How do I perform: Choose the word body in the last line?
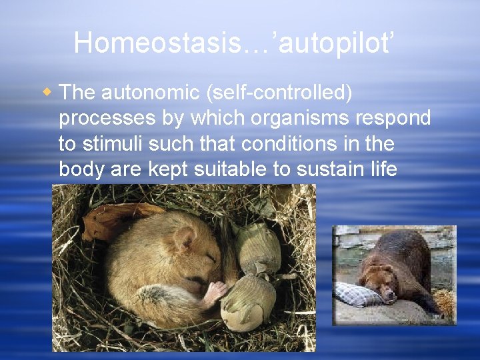[x=81, y=169]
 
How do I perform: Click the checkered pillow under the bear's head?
[x=357, y=293]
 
